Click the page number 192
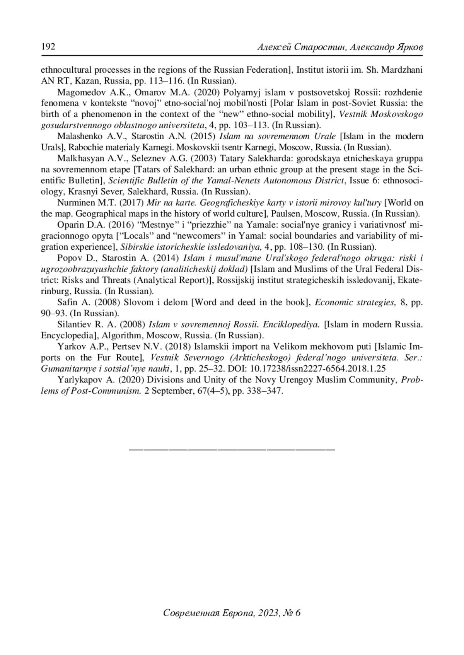point(48,47)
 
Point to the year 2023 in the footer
point(268,613)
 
